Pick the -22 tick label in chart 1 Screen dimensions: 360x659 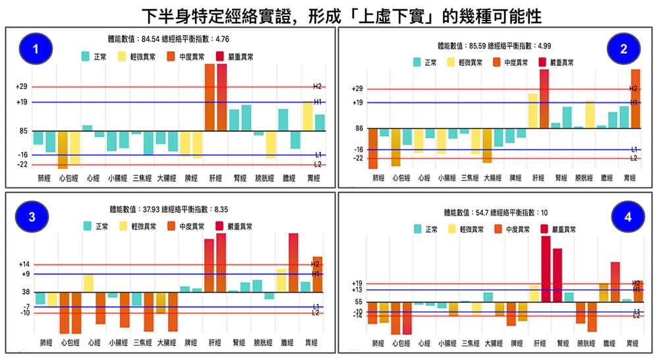point(21,164)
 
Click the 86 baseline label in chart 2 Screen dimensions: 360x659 point(358,129)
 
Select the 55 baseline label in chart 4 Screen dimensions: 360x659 point(358,301)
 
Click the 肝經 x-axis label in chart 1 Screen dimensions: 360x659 point(214,178)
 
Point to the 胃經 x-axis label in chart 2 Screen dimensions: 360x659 point(631,177)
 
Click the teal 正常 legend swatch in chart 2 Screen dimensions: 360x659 point(417,62)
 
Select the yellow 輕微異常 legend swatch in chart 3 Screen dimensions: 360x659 point(123,226)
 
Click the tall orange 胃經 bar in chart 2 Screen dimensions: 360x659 point(636,99)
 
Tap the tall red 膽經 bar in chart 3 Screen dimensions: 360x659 point(293,262)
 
